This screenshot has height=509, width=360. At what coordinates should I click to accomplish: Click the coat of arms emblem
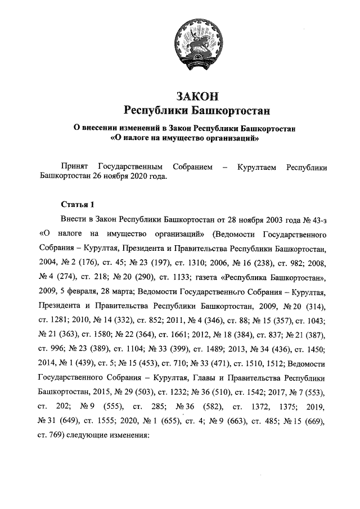click(195, 40)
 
